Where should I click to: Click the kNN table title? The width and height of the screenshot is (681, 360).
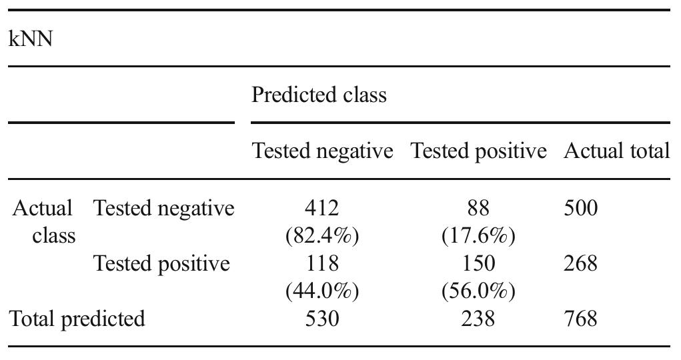(x=31, y=39)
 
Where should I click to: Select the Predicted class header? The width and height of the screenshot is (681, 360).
(x=319, y=95)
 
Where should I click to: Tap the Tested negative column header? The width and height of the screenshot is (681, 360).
(x=322, y=151)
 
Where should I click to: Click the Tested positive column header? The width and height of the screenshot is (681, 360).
(x=478, y=151)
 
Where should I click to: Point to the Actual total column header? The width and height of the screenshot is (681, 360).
(x=616, y=151)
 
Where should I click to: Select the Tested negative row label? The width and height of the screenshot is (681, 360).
(x=164, y=209)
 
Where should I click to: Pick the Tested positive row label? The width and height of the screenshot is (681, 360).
(x=162, y=264)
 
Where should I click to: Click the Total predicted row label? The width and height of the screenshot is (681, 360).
(x=77, y=319)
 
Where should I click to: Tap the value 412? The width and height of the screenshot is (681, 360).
(x=321, y=209)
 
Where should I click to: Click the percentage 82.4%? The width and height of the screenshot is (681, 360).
(x=322, y=237)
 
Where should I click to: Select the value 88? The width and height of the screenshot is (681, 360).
(x=478, y=209)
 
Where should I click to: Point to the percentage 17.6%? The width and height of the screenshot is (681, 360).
(x=478, y=237)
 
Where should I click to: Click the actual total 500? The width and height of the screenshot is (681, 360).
(x=580, y=209)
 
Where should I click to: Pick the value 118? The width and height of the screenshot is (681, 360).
(x=321, y=264)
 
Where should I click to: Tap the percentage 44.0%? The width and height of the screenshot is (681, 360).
(x=322, y=291)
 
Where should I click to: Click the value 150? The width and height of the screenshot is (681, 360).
(x=478, y=264)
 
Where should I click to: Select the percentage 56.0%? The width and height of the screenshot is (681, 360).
(x=478, y=291)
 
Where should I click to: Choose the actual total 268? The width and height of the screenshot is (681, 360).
(x=580, y=264)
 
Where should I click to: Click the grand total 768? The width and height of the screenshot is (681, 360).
(x=580, y=319)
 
